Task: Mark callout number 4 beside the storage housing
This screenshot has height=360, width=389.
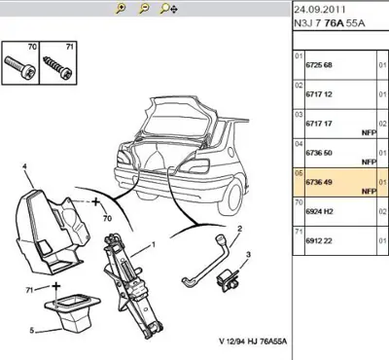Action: [24, 167]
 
